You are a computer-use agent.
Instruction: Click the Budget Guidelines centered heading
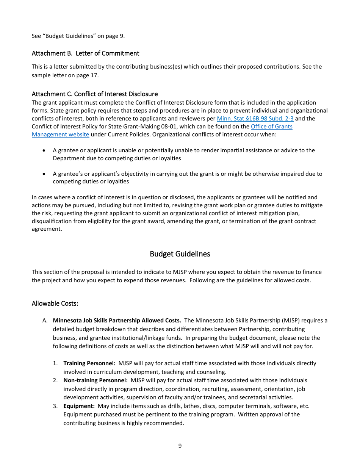click(180, 254)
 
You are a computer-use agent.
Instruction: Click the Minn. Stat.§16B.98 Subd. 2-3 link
click(255, 119)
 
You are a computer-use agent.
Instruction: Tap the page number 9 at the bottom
click(180, 446)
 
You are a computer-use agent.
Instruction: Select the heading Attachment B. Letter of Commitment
click(85, 53)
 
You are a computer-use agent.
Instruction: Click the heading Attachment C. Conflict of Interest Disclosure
click(94, 94)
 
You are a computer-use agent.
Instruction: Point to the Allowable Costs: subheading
click(55, 303)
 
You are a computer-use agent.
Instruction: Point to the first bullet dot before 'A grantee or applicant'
click(44, 151)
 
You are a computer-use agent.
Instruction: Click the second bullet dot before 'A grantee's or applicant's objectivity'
click(44, 174)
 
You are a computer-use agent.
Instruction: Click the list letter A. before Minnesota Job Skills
click(45, 321)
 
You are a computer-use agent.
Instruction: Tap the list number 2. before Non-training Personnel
click(55, 380)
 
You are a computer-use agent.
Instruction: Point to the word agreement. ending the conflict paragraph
click(46, 229)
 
